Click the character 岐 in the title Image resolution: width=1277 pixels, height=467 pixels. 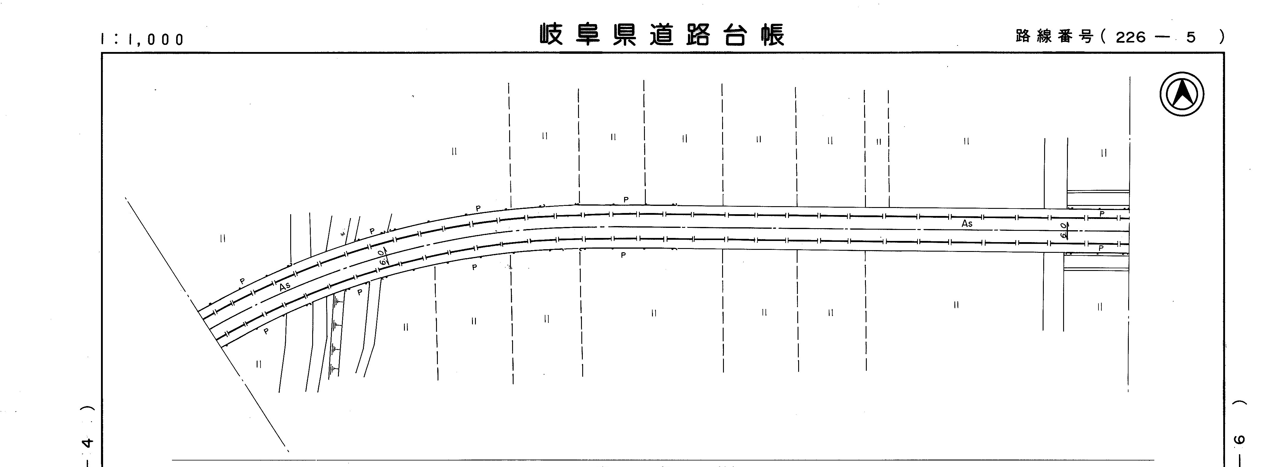[551, 35]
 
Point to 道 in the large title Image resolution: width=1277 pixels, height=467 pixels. [662, 35]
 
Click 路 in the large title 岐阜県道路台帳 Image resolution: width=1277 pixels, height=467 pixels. [698, 35]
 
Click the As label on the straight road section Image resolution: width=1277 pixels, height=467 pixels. [967, 224]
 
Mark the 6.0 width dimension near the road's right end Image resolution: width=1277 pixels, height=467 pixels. [1063, 231]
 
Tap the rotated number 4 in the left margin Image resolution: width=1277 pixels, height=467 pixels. [88, 443]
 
